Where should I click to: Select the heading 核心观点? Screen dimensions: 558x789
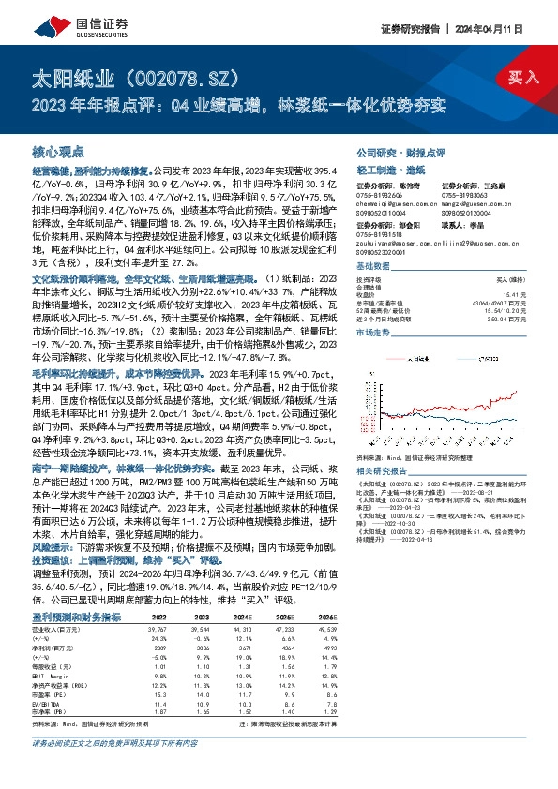pyautogui.click(x=60, y=150)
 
